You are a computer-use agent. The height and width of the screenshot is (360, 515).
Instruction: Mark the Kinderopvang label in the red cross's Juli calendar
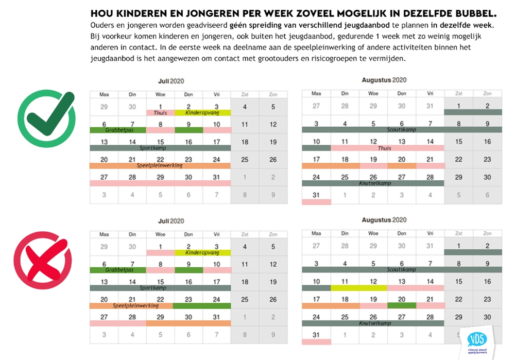coord(202,253)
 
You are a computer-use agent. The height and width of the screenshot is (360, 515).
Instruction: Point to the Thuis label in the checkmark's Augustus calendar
coord(384,148)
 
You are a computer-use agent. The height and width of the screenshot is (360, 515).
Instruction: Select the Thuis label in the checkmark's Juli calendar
coord(160,113)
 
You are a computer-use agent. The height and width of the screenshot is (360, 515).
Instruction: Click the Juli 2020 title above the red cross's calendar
coord(169,220)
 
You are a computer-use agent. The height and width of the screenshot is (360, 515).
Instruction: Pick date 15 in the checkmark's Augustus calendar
coord(458,142)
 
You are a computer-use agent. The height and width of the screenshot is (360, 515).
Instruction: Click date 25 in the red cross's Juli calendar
coord(245,299)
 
